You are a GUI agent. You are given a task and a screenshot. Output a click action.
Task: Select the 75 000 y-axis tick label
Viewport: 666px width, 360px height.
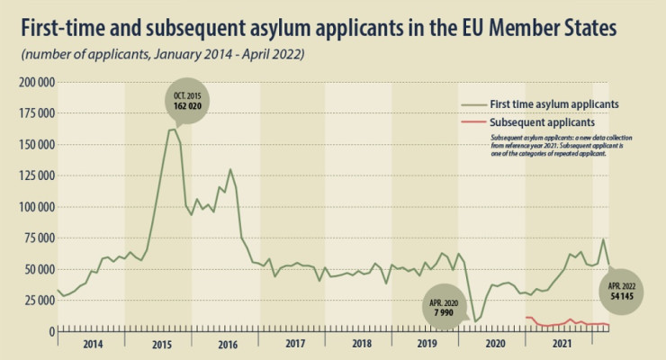click(x=36, y=238)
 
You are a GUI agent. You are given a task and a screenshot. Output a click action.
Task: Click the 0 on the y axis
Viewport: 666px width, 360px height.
click(x=50, y=332)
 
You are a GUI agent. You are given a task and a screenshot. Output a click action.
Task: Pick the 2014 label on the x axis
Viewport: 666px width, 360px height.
click(x=91, y=344)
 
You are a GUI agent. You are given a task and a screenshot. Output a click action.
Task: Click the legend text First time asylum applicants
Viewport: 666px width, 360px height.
click(x=553, y=103)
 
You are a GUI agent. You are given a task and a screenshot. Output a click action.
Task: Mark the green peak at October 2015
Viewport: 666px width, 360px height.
click(x=172, y=130)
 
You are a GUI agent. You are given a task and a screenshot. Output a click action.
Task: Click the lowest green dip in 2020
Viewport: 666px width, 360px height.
click(x=474, y=321)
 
